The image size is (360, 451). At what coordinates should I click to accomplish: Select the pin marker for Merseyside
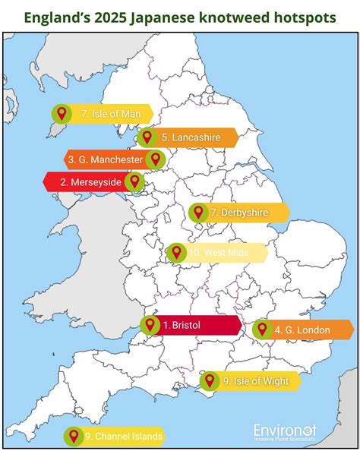point(134,181)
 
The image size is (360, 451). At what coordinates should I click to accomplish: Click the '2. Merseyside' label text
point(90,182)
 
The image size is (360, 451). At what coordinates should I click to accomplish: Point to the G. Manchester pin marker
point(155,159)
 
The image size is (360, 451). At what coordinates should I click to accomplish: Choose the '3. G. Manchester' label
point(104,160)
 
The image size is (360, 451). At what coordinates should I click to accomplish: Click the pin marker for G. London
point(262,330)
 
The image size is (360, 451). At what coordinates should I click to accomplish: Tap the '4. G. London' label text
point(302,330)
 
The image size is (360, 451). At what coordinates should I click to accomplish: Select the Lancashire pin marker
point(146,137)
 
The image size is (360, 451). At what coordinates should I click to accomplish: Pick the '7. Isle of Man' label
point(110,114)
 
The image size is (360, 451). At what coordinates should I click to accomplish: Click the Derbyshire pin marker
point(198,213)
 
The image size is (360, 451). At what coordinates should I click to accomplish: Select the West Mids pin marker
point(175,253)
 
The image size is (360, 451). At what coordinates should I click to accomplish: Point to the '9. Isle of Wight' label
point(255,381)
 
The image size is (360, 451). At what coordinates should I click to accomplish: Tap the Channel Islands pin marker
point(73,436)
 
